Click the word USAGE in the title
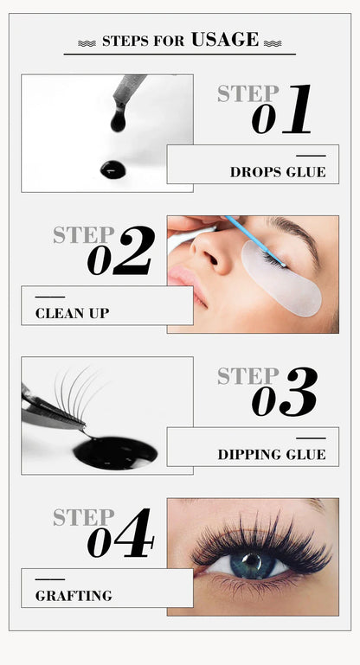click(x=224, y=39)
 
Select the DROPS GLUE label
click(x=278, y=172)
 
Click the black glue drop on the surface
click(x=112, y=169)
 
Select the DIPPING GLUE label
click(x=272, y=454)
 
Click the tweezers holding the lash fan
click(x=52, y=412)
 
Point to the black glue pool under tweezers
click(x=116, y=451)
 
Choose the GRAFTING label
click(x=74, y=595)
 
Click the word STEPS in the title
click(x=125, y=41)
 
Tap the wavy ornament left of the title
click(x=87, y=42)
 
